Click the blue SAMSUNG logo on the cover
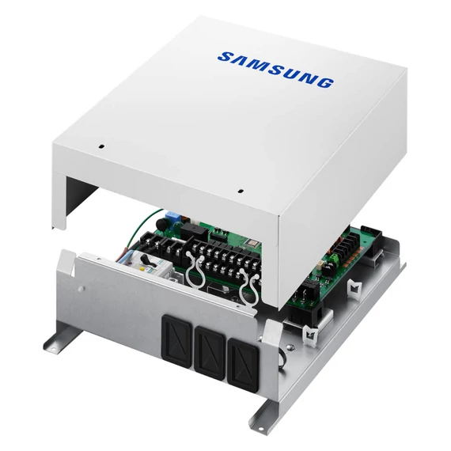[x=275, y=69]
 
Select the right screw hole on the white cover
[x=240, y=190]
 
